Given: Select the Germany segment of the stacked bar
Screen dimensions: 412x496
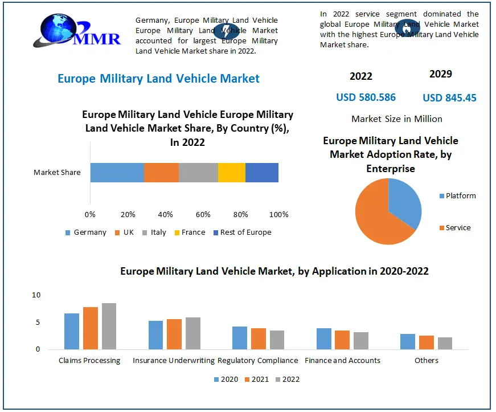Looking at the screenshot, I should point(117,173).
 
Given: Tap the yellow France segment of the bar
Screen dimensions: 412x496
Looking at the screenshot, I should point(231,173).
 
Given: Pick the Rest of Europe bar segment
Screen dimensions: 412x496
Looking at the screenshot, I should point(262,173).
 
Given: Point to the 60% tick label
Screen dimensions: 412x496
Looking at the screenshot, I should point(203,215).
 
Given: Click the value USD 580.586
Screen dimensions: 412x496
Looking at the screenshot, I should point(366,97).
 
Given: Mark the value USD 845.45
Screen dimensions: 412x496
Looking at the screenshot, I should point(449,98).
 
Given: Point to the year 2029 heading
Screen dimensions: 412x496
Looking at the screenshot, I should point(440,74).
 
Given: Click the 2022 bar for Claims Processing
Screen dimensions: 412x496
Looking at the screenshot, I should point(109,326).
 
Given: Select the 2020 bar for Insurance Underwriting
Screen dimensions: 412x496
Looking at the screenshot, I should point(155,335).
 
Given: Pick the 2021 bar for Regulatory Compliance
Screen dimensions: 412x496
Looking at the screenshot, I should point(259,338).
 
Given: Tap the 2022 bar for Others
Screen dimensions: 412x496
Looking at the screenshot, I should point(445,343).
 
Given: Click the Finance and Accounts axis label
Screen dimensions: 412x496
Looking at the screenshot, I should point(342,361).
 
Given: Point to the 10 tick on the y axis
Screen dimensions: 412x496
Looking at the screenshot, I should point(36,295).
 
